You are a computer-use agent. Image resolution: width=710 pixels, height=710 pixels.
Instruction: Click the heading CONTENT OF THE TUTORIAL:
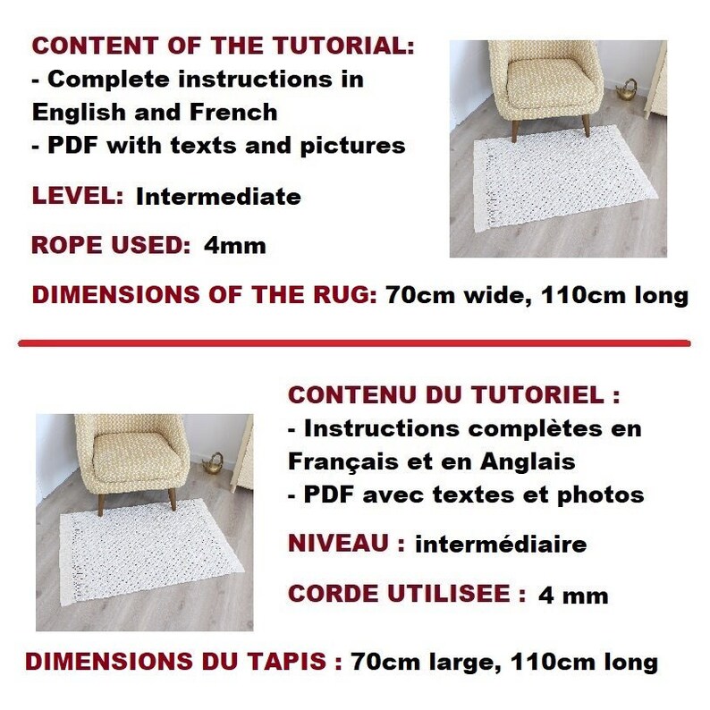click(224, 46)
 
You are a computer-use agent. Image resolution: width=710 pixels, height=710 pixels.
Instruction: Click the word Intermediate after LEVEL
click(218, 197)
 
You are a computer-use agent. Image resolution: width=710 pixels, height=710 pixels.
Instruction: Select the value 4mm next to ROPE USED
click(234, 246)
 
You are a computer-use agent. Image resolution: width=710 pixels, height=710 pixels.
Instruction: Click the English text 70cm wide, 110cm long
click(537, 296)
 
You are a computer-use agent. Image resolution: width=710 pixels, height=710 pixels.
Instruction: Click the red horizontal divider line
click(355, 342)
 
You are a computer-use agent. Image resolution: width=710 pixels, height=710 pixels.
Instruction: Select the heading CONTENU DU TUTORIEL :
click(454, 395)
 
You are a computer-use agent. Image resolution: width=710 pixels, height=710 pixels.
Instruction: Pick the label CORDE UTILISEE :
click(407, 593)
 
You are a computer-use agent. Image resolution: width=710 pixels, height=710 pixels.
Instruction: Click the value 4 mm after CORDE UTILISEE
click(573, 595)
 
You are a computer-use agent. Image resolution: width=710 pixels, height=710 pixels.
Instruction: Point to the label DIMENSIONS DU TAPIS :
click(184, 663)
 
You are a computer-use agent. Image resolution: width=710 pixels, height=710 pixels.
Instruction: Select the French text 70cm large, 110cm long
click(504, 663)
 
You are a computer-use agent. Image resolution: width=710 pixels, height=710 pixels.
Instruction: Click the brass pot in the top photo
click(630, 89)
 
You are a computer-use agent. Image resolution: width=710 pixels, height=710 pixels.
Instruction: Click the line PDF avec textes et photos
click(465, 494)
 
